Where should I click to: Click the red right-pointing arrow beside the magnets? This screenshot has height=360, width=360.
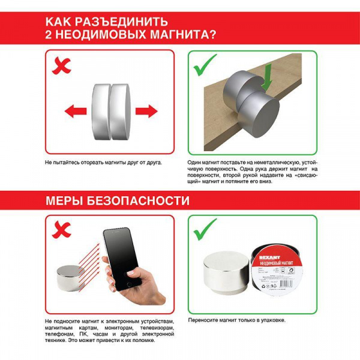coord(146,111)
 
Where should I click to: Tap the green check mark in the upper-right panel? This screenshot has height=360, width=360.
coord(204,66)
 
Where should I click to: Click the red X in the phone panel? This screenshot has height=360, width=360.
coord(61,229)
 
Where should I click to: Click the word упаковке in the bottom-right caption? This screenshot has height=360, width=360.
coord(272,321)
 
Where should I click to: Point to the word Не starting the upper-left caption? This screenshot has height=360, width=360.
coord(48,163)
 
